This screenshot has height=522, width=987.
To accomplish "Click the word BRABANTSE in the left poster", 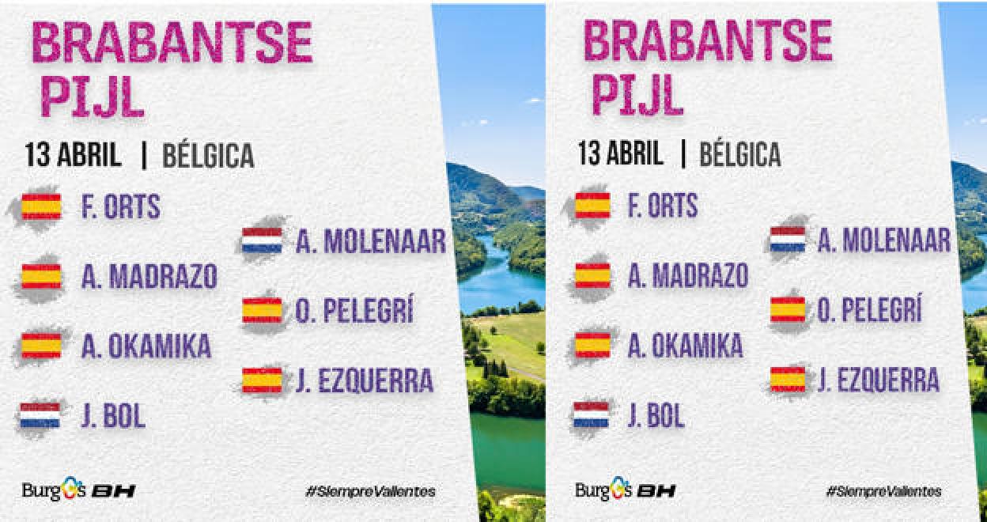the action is pos(172,42).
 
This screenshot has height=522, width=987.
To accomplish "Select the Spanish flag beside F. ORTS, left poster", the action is pos(41,206).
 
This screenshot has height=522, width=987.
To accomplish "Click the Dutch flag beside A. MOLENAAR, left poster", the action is pos(262,240).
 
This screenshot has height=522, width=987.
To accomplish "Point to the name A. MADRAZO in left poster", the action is pos(149,277).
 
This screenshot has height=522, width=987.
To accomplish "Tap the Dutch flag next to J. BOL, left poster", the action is pos(40,415).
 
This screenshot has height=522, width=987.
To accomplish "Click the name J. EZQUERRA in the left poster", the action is pos(365,380).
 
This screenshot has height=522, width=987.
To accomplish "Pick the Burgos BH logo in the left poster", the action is pos(79,490).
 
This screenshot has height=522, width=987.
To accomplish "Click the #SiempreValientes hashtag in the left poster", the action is pos(371,491).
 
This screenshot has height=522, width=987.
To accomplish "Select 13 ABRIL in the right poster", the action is pos(620,153).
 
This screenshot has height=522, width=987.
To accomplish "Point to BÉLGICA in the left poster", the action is pos(209,155).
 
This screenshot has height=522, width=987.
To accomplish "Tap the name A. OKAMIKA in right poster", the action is pos(685,346).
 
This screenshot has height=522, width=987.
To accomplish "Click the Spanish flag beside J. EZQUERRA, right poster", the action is pos(788,380).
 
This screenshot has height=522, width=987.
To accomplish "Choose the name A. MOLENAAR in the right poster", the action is pos(884,240).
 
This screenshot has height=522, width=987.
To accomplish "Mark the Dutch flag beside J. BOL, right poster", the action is pos(591,414).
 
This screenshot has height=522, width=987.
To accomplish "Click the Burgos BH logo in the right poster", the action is pos(626,490).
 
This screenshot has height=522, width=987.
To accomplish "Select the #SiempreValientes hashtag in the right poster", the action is pos(884,491).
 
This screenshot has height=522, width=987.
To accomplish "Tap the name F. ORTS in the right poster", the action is pos(663,206).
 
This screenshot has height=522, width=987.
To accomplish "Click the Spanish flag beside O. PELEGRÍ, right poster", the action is pos(788,310).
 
